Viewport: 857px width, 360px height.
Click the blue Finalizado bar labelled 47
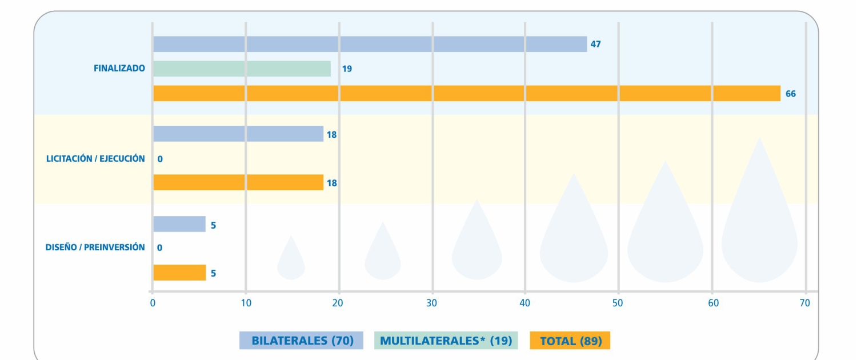click(370, 44)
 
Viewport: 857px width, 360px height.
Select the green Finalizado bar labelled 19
click(242, 69)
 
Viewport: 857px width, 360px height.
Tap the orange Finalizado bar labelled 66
click(466, 93)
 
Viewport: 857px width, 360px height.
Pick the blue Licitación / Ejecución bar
click(238, 134)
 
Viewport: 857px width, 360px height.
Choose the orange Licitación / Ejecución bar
click(238, 182)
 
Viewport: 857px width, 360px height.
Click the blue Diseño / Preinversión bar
click(179, 224)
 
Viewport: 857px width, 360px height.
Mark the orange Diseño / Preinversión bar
click(179, 273)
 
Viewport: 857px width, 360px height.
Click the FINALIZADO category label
click(119, 69)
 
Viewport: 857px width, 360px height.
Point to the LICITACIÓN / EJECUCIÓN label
click(95, 158)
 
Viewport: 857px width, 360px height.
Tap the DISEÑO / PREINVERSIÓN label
click(95, 247)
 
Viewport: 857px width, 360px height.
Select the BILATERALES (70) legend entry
click(302, 341)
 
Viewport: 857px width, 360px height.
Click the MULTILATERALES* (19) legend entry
click(446, 341)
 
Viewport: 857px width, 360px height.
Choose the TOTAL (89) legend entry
click(570, 341)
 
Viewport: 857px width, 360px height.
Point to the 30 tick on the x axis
click(431, 303)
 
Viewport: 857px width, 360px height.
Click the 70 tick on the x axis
click(804, 303)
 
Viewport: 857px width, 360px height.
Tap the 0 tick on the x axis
click(153, 303)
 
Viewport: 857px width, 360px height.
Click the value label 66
click(790, 94)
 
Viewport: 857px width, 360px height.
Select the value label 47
click(595, 44)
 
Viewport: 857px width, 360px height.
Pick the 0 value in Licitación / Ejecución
click(160, 159)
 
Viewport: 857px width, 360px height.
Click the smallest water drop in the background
click(291, 260)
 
